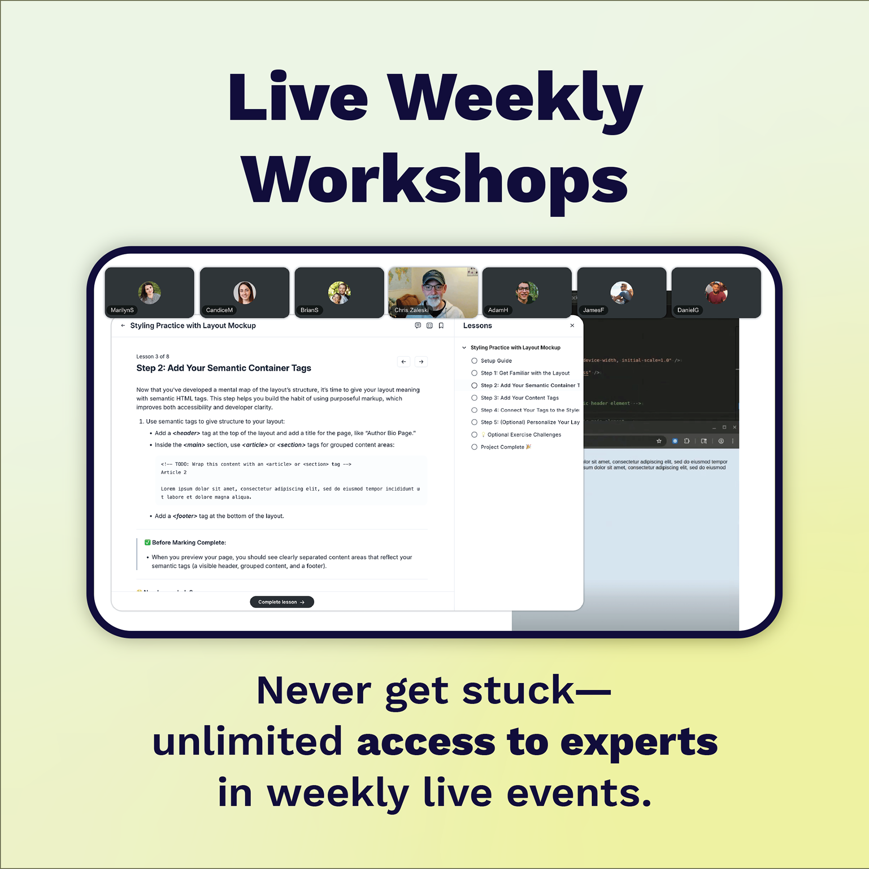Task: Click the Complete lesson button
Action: click(x=282, y=602)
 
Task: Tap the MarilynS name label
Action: click(x=122, y=310)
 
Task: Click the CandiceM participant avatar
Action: click(x=244, y=293)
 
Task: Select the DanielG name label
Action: click(x=688, y=310)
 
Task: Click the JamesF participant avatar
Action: click(x=621, y=293)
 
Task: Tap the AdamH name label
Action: click(x=498, y=310)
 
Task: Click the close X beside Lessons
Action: click(x=572, y=326)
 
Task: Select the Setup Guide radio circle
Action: click(x=474, y=361)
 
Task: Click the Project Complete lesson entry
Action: click(x=502, y=447)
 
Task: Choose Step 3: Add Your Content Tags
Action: click(x=519, y=398)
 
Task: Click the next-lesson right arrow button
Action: click(x=421, y=362)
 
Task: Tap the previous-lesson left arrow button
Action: click(x=404, y=362)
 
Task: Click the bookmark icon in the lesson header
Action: click(x=441, y=326)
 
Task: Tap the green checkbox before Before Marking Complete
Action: click(x=148, y=543)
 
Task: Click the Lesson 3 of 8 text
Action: click(x=153, y=356)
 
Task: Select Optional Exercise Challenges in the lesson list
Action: click(x=524, y=434)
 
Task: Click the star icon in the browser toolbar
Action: click(x=659, y=441)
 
